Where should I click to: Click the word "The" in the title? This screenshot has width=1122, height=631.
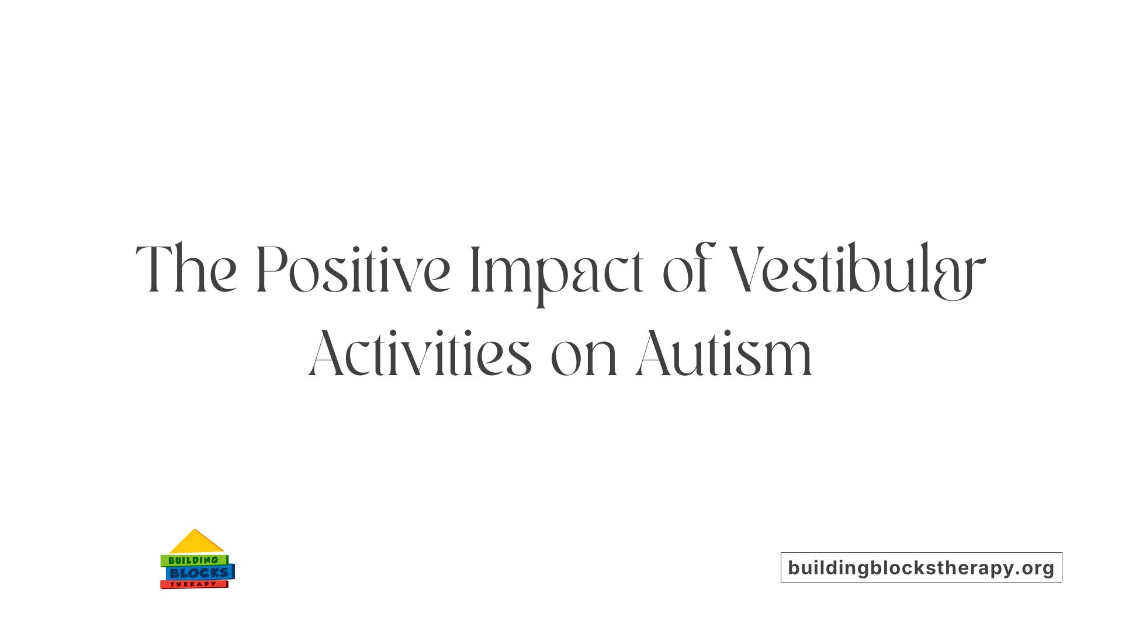[x=186, y=269]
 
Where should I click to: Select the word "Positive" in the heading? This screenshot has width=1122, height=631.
[x=353, y=269]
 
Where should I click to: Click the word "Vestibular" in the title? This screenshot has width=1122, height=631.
[x=857, y=271]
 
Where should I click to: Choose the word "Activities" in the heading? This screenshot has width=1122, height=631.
[x=420, y=353]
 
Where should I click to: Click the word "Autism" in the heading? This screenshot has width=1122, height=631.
[x=724, y=353]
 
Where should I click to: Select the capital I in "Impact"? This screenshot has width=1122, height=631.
[x=475, y=269]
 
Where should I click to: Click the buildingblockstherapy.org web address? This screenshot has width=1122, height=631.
[x=921, y=568]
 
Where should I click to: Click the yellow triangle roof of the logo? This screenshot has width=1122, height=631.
[x=196, y=543]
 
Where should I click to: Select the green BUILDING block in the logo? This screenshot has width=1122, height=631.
[x=193, y=560]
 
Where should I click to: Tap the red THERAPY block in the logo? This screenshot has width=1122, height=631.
[x=193, y=584]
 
